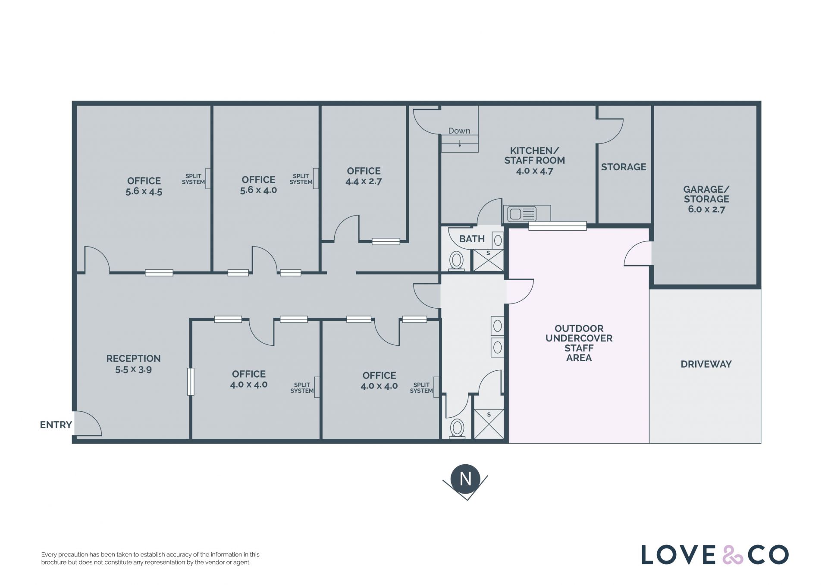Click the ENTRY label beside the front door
[x=56, y=425]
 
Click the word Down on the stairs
[x=459, y=131]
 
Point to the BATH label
[x=472, y=239]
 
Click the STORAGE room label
[x=624, y=167]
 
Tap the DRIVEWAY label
[x=706, y=364]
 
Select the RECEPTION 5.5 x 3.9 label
[x=133, y=364]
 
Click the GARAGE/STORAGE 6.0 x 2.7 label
[x=706, y=199]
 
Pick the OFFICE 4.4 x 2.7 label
[x=364, y=176]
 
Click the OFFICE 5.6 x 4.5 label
[x=144, y=186]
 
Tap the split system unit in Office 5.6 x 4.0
[x=316, y=178]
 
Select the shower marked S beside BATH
[x=488, y=260]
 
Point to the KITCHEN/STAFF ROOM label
[x=535, y=160]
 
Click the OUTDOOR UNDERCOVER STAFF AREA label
[x=579, y=343]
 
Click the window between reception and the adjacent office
[x=191, y=382]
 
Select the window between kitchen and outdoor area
[x=557, y=226]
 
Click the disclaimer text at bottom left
[x=150, y=558]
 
